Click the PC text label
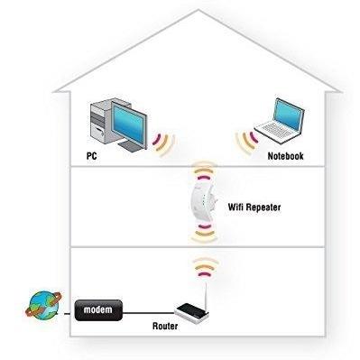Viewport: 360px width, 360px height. [x=92, y=156]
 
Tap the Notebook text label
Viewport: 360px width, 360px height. [x=285, y=156]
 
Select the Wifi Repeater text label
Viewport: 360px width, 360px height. [x=254, y=207]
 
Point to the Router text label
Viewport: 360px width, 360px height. [x=165, y=326]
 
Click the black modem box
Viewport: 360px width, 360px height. [x=98, y=310]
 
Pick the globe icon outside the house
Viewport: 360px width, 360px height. [x=43, y=304]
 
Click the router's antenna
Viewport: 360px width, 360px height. [x=206, y=295]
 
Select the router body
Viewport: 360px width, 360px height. [x=191, y=311]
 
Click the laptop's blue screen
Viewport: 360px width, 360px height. [x=288, y=115]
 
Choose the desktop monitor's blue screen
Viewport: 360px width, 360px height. [x=129, y=123]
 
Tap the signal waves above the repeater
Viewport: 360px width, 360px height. [x=205, y=169]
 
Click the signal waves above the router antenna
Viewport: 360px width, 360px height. [x=206, y=267]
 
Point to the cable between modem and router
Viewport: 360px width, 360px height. [x=149, y=313]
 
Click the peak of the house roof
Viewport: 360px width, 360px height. [x=198, y=11]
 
